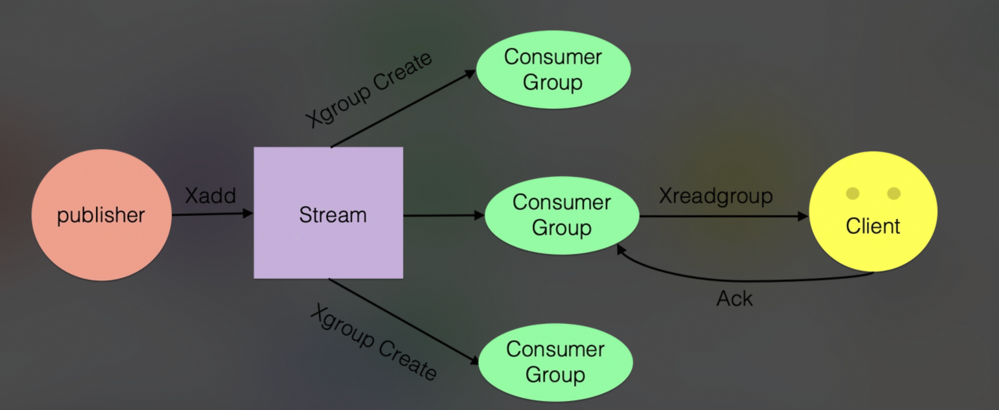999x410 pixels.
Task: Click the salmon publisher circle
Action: (101, 215)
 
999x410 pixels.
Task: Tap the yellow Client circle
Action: (873, 248)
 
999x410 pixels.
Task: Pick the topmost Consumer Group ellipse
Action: (553, 69)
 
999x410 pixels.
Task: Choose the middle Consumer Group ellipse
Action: (562, 215)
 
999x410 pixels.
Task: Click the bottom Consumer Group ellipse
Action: (555, 362)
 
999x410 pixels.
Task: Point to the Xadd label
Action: (210, 196)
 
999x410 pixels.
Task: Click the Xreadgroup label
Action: (716, 196)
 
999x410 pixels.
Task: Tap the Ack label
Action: (734, 299)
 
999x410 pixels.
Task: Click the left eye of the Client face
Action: (852, 193)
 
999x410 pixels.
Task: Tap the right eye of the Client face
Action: (894, 193)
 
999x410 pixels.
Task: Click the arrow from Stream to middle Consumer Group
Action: (442, 216)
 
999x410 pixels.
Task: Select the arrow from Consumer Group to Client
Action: (722, 217)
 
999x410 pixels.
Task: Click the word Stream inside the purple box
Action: (332, 215)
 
